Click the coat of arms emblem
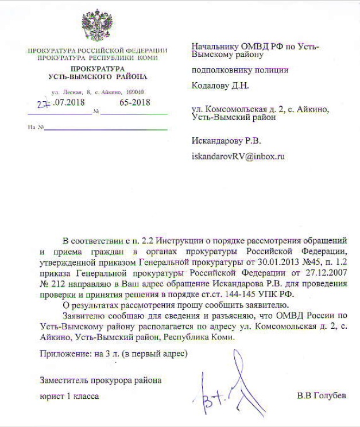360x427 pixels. click(96, 26)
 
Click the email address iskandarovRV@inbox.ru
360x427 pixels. click(238, 156)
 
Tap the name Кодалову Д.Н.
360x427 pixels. click(220, 86)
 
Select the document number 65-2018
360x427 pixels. click(135, 103)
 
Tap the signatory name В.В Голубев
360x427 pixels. click(322, 396)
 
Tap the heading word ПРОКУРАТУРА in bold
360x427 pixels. click(97, 68)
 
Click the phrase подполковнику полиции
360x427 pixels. click(239, 70)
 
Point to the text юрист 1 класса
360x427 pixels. click(69, 396)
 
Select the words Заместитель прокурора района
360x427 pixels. click(100, 380)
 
